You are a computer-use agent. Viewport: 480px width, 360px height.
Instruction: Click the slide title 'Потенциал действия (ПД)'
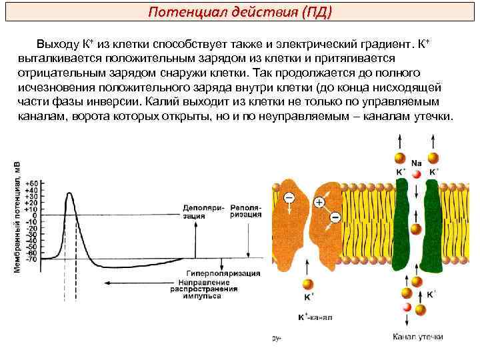point(240,13)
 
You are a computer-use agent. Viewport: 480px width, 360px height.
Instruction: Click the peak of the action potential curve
point(69,193)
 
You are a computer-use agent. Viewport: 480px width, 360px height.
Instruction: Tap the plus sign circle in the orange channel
point(319,202)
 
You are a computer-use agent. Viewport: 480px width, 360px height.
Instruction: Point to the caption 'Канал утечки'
point(417,337)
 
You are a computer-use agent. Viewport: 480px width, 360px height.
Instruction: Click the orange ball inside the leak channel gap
point(416,229)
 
